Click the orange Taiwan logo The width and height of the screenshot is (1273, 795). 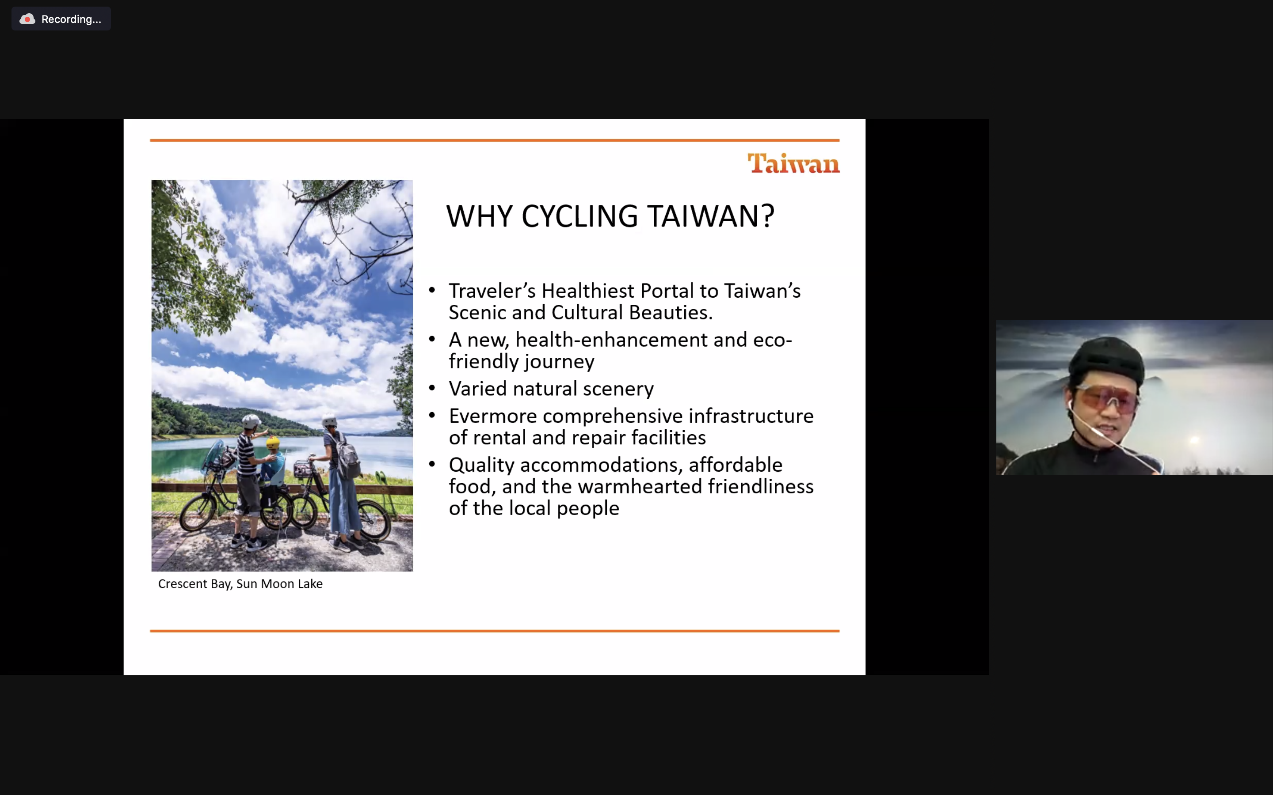point(793,163)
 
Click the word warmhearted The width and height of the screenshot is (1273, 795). point(640,486)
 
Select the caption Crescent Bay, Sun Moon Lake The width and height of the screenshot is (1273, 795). point(240,583)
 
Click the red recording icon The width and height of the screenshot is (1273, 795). point(27,19)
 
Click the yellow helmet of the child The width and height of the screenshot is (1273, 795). point(272,442)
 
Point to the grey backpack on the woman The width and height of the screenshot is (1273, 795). point(348,456)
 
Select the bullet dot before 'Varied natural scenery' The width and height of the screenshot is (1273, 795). point(432,388)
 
